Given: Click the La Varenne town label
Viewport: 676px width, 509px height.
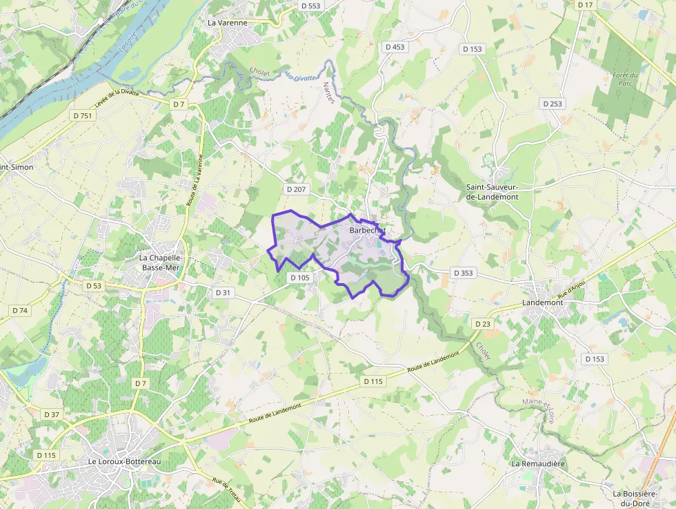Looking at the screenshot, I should click(227, 22).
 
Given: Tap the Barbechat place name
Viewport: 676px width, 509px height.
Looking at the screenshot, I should click(367, 230).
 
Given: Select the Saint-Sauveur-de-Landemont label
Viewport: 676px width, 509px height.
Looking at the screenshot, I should click(492, 191).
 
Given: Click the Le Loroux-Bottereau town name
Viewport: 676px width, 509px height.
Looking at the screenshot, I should click(124, 461).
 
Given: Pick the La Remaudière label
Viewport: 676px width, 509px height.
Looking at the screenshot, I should click(538, 463).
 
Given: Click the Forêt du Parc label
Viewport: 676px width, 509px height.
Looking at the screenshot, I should click(625, 79).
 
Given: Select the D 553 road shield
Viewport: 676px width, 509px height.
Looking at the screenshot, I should click(311, 6).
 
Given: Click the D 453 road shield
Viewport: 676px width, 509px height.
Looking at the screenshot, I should click(395, 47).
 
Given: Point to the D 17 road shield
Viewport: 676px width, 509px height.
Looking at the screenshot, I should click(585, 5).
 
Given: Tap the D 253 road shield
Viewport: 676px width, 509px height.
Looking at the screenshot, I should click(552, 104).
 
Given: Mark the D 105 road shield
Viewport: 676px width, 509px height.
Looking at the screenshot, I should click(299, 277).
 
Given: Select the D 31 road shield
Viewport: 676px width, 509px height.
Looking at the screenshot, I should click(223, 292).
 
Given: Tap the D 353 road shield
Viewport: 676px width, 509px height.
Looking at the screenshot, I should click(464, 273).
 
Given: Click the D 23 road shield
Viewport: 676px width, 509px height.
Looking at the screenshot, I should click(482, 323).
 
